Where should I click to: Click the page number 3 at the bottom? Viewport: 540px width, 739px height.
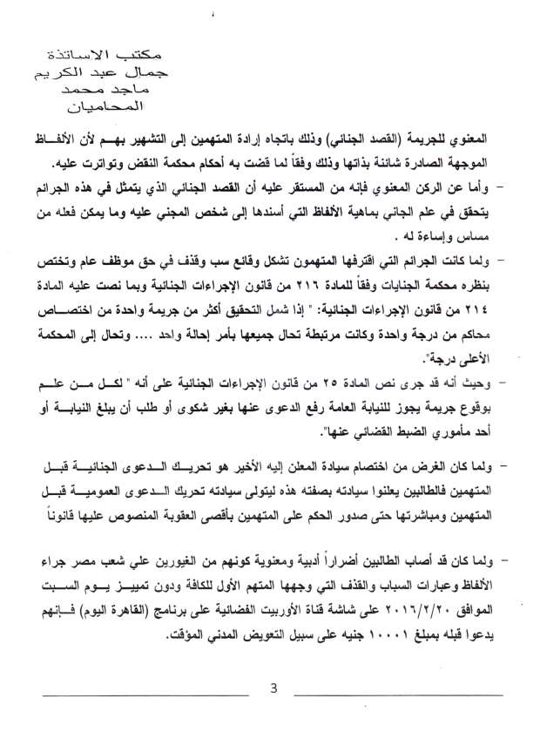273,688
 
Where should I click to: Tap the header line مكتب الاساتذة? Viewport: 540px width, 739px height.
95,55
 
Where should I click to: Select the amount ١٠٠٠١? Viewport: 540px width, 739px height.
337,630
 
